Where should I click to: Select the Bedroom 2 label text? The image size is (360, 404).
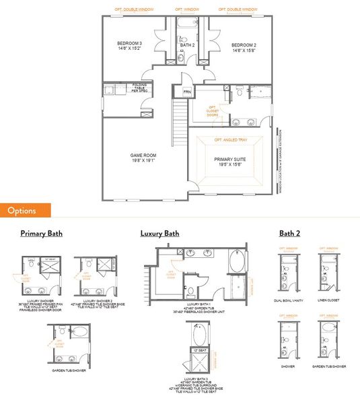[x=244, y=47]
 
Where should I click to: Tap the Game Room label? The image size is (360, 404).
[x=143, y=158]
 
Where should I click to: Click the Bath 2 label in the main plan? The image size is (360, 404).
[x=188, y=46]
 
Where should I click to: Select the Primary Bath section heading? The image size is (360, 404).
[x=41, y=234]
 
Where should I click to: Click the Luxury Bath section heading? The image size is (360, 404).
[x=159, y=234]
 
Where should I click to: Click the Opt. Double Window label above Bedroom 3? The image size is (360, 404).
[x=130, y=9]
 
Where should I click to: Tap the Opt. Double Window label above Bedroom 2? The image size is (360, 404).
[x=238, y=9]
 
